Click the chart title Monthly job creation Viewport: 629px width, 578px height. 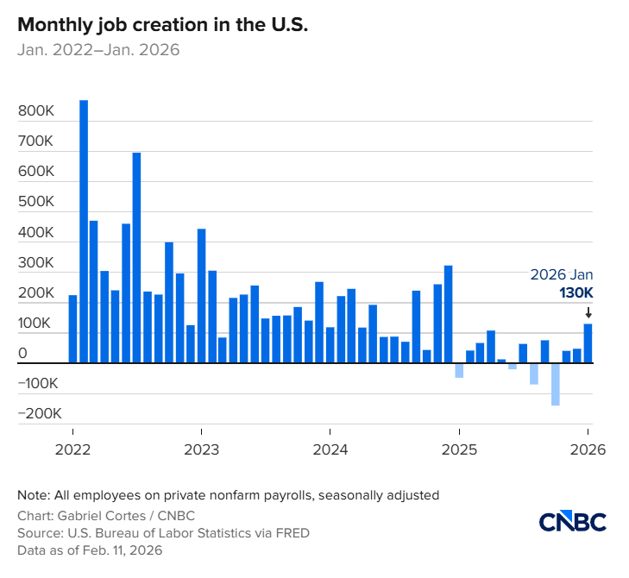coord(162,25)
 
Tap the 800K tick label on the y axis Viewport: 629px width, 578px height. coord(36,112)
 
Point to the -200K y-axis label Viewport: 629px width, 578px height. coord(40,413)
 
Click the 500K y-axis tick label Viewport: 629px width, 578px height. coord(36,203)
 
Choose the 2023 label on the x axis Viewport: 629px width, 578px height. coord(201,449)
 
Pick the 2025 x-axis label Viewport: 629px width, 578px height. coord(459,449)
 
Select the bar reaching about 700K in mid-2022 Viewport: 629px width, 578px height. coord(136,258)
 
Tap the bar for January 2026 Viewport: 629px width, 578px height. coord(588,343)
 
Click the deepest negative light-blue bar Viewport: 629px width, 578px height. coord(556,384)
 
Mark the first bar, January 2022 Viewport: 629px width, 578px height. coord(73,329)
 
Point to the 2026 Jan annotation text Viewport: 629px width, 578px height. coord(562,274)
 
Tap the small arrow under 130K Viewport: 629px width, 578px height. coord(588,312)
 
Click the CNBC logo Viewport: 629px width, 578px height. coord(573,522)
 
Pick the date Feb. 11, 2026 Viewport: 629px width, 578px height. coord(125,550)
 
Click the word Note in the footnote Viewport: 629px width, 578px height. coord(32,495)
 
